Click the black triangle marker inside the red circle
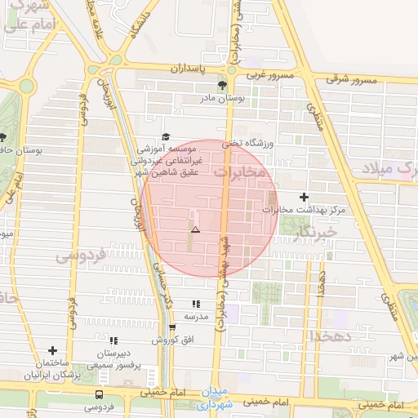(x=194, y=230)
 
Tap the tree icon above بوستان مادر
(x=221, y=85)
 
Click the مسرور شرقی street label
(x=353, y=81)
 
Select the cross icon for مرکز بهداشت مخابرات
(x=305, y=197)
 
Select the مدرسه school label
(x=193, y=315)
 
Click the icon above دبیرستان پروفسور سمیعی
(x=113, y=340)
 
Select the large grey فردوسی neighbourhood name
(x=81, y=256)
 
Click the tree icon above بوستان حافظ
(x=2, y=137)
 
